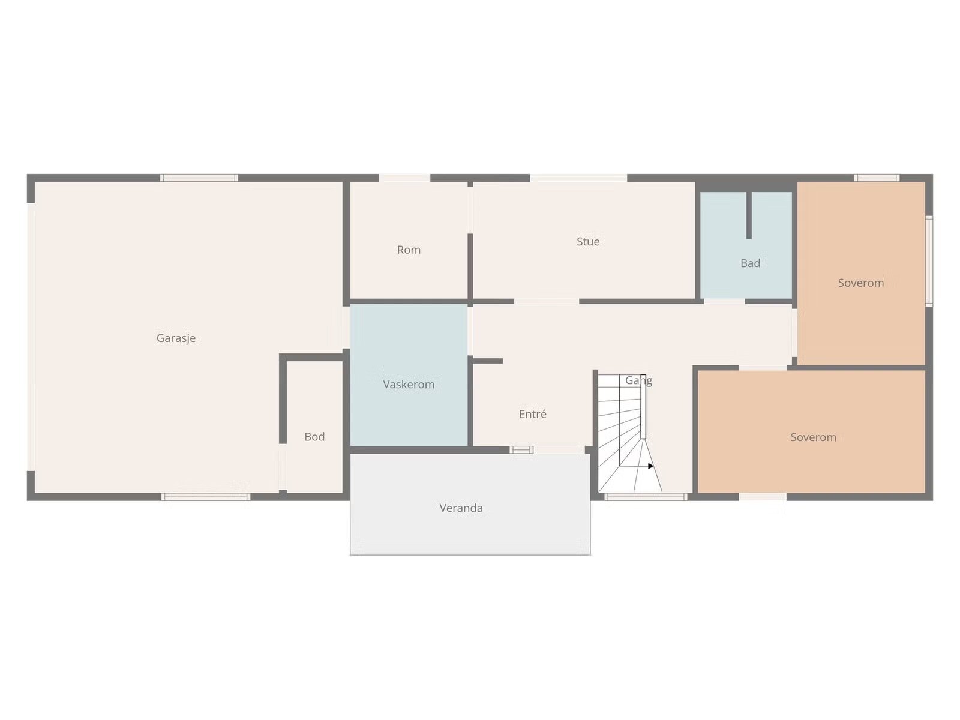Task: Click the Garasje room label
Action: pyautogui.click(x=176, y=338)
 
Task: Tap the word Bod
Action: pyautogui.click(x=314, y=437)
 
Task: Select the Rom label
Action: pyautogui.click(x=409, y=250)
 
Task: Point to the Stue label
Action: pyautogui.click(x=588, y=242)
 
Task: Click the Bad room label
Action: pyautogui.click(x=750, y=263)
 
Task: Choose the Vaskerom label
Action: pyautogui.click(x=409, y=385)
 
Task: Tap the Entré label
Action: pyautogui.click(x=532, y=414)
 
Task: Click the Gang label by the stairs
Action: pyautogui.click(x=638, y=381)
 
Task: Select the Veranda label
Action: pyautogui.click(x=461, y=508)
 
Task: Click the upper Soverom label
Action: pyautogui.click(x=861, y=283)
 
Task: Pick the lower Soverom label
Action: pyautogui.click(x=813, y=437)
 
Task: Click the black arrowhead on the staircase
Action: pyautogui.click(x=650, y=466)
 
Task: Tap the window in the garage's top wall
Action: pyautogui.click(x=199, y=178)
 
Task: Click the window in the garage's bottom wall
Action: pyautogui.click(x=206, y=497)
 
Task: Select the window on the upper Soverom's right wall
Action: pyautogui.click(x=929, y=260)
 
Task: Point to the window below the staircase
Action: pyautogui.click(x=646, y=497)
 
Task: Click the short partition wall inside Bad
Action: pyautogui.click(x=749, y=215)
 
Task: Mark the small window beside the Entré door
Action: pyautogui.click(x=521, y=450)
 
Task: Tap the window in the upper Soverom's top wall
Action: pyautogui.click(x=877, y=178)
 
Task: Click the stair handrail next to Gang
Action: pyautogui.click(x=643, y=407)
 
